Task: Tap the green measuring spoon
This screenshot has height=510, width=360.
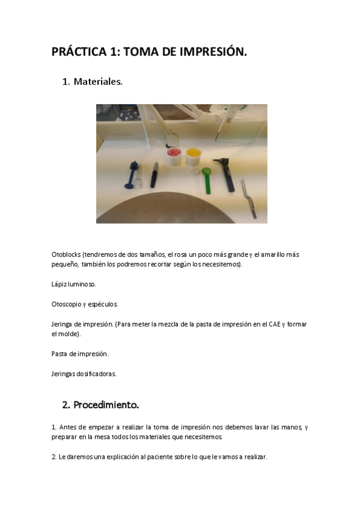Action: pyautogui.click(x=207, y=180)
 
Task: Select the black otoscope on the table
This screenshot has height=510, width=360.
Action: pyautogui.click(x=228, y=174)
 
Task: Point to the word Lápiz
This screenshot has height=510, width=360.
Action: pyautogui.click(x=59, y=284)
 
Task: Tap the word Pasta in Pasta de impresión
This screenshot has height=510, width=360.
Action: pyautogui.click(x=59, y=354)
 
